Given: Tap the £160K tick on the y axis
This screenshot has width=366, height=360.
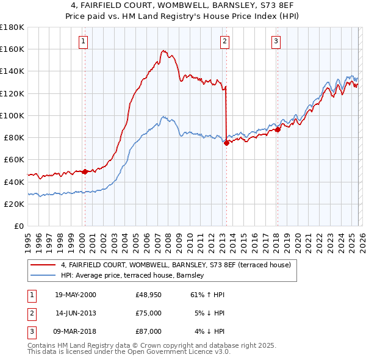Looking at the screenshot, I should coord(12,49).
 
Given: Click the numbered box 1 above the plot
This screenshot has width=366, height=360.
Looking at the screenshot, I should coord(83,41).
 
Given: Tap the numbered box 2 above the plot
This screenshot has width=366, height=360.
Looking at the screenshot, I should coord(224,41).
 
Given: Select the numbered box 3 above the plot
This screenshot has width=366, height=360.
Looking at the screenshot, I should coord(276,41).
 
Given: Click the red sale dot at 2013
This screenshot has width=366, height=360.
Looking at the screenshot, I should coord(226,143).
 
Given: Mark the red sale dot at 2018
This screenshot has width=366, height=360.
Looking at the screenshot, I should coord(278,129).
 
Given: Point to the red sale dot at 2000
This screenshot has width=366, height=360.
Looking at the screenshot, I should coord(85,171).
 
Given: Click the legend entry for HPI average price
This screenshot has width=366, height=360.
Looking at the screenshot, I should coord(132,276).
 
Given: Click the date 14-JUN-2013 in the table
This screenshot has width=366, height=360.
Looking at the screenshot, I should coord(76,313).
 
